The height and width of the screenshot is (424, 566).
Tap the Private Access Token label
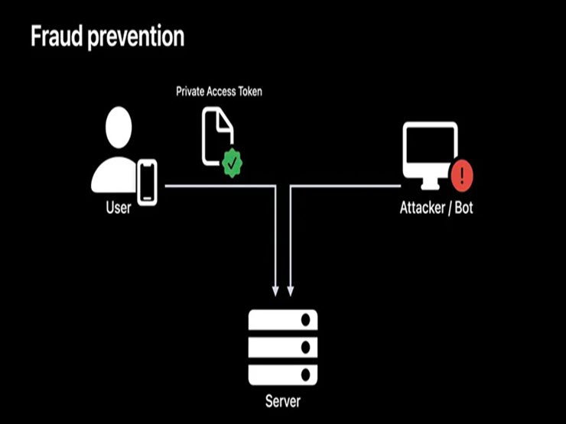click(x=220, y=92)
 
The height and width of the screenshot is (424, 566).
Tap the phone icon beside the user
click(x=147, y=182)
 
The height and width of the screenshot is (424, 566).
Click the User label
click(x=118, y=208)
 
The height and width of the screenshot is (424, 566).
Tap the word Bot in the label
click(x=463, y=208)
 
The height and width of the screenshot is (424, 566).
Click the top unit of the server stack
click(x=282, y=319)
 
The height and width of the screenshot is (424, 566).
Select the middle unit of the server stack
click(x=282, y=348)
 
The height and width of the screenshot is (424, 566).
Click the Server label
click(x=282, y=402)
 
